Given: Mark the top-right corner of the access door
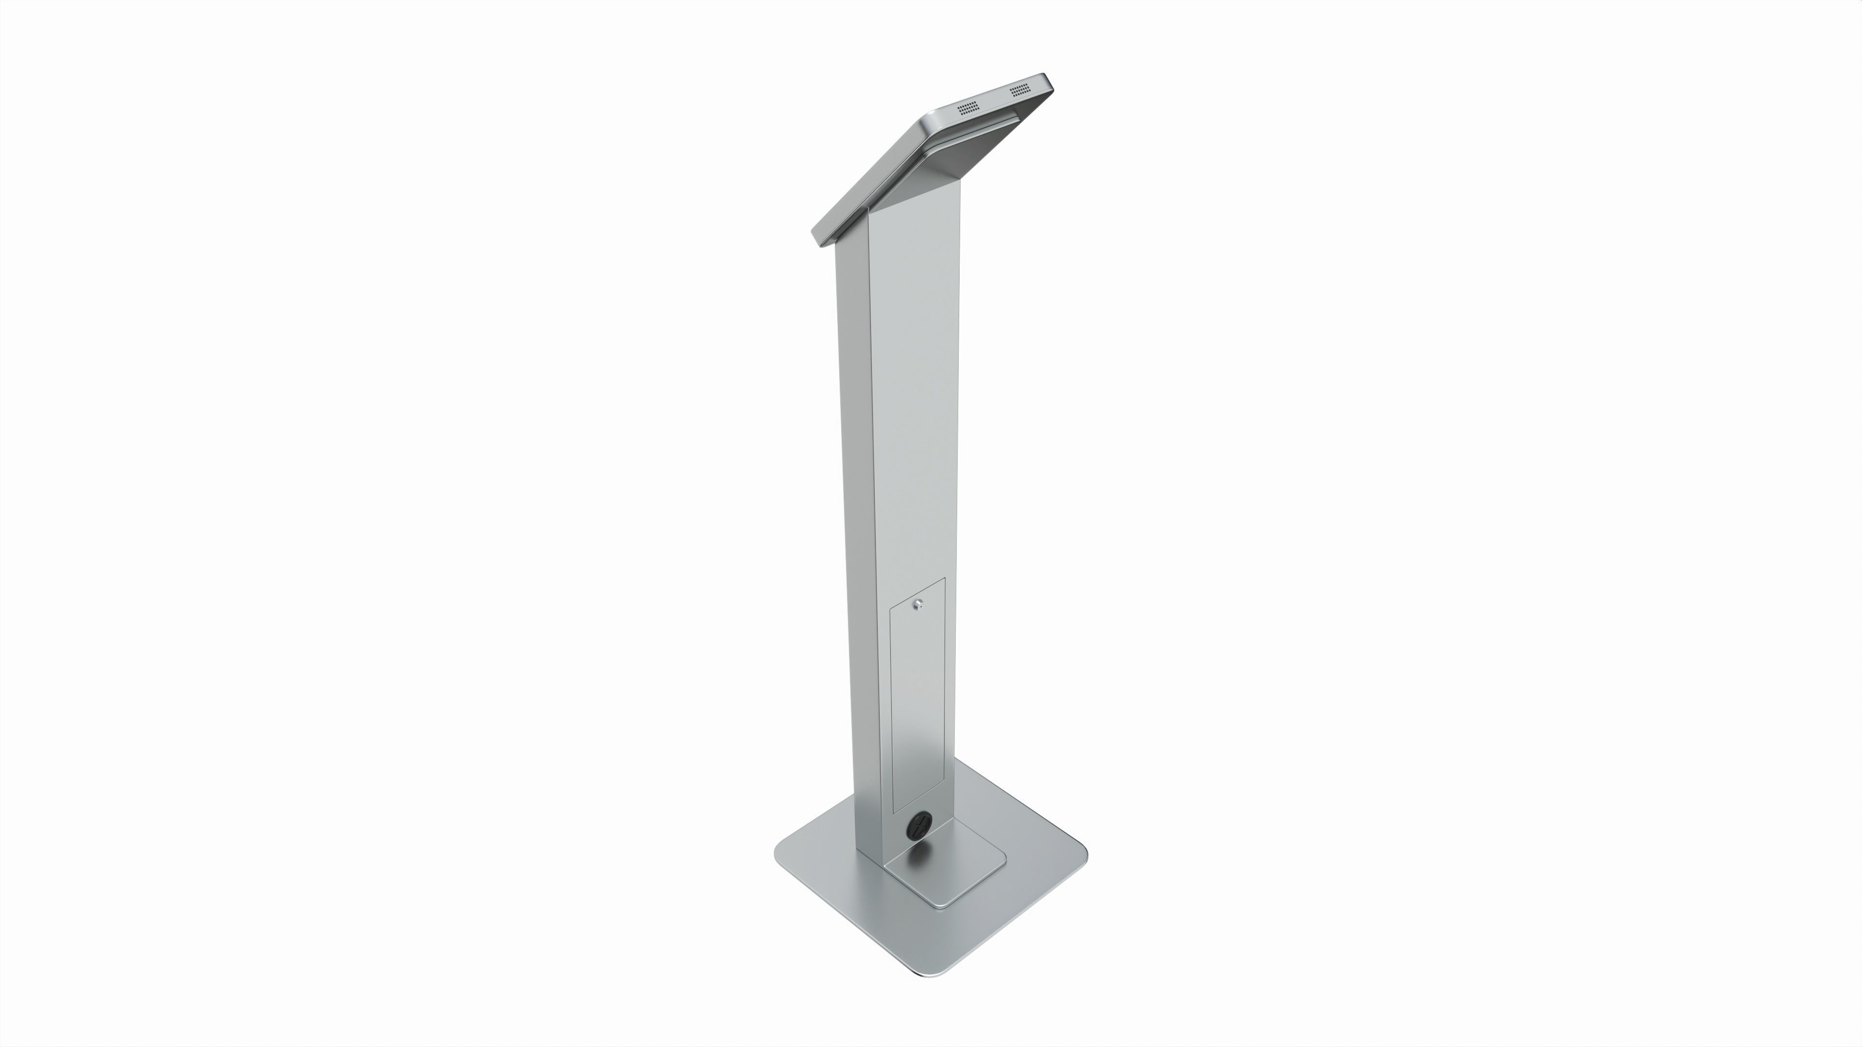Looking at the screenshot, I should [945, 579].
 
